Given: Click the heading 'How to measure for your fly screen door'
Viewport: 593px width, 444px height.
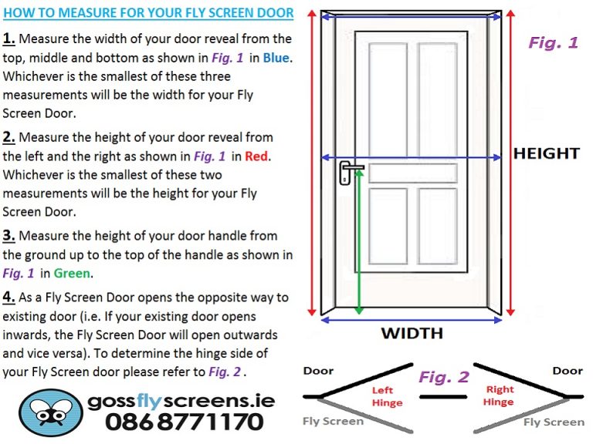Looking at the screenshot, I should (x=147, y=13).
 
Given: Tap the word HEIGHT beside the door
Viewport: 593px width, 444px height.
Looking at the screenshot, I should (x=546, y=153).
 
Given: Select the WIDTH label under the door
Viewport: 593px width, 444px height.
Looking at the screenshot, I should (x=412, y=333).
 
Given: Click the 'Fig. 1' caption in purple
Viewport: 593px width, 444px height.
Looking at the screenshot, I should (x=553, y=42).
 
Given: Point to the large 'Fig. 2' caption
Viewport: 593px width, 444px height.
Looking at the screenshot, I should (x=443, y=377).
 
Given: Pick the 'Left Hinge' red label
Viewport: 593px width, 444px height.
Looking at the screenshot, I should (x=388, y=396).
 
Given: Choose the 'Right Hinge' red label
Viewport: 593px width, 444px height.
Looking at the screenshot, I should (x=500, y=396).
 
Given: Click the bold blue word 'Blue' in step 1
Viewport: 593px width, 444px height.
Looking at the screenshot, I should (x=277, y=58).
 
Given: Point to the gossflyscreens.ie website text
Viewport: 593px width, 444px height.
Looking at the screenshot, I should (x=181, y=401).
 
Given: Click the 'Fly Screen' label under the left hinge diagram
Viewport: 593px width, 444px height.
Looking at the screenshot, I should (x=332, y=421).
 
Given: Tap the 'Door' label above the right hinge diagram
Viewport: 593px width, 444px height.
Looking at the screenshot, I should (x=567, y=371).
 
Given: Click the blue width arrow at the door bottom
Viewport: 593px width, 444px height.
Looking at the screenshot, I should (x=411, y=318).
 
